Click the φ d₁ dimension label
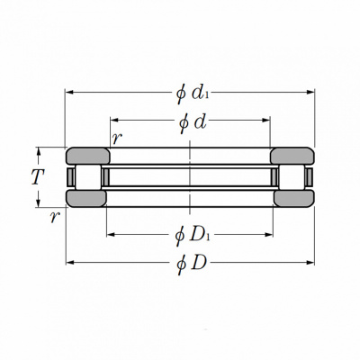(x=193, y=94)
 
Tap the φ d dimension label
(x=193, y=122)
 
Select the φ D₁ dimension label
(x=193, y=236)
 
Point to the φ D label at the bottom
(x=192, y=264)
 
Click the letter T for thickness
(x=38, y=177)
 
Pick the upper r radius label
(x=117, y=139)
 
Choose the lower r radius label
(x=55, y=217)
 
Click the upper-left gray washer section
(x=88, y=156)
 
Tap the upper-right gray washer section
(x=292, y=156)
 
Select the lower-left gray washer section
(x=86, y=198)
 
